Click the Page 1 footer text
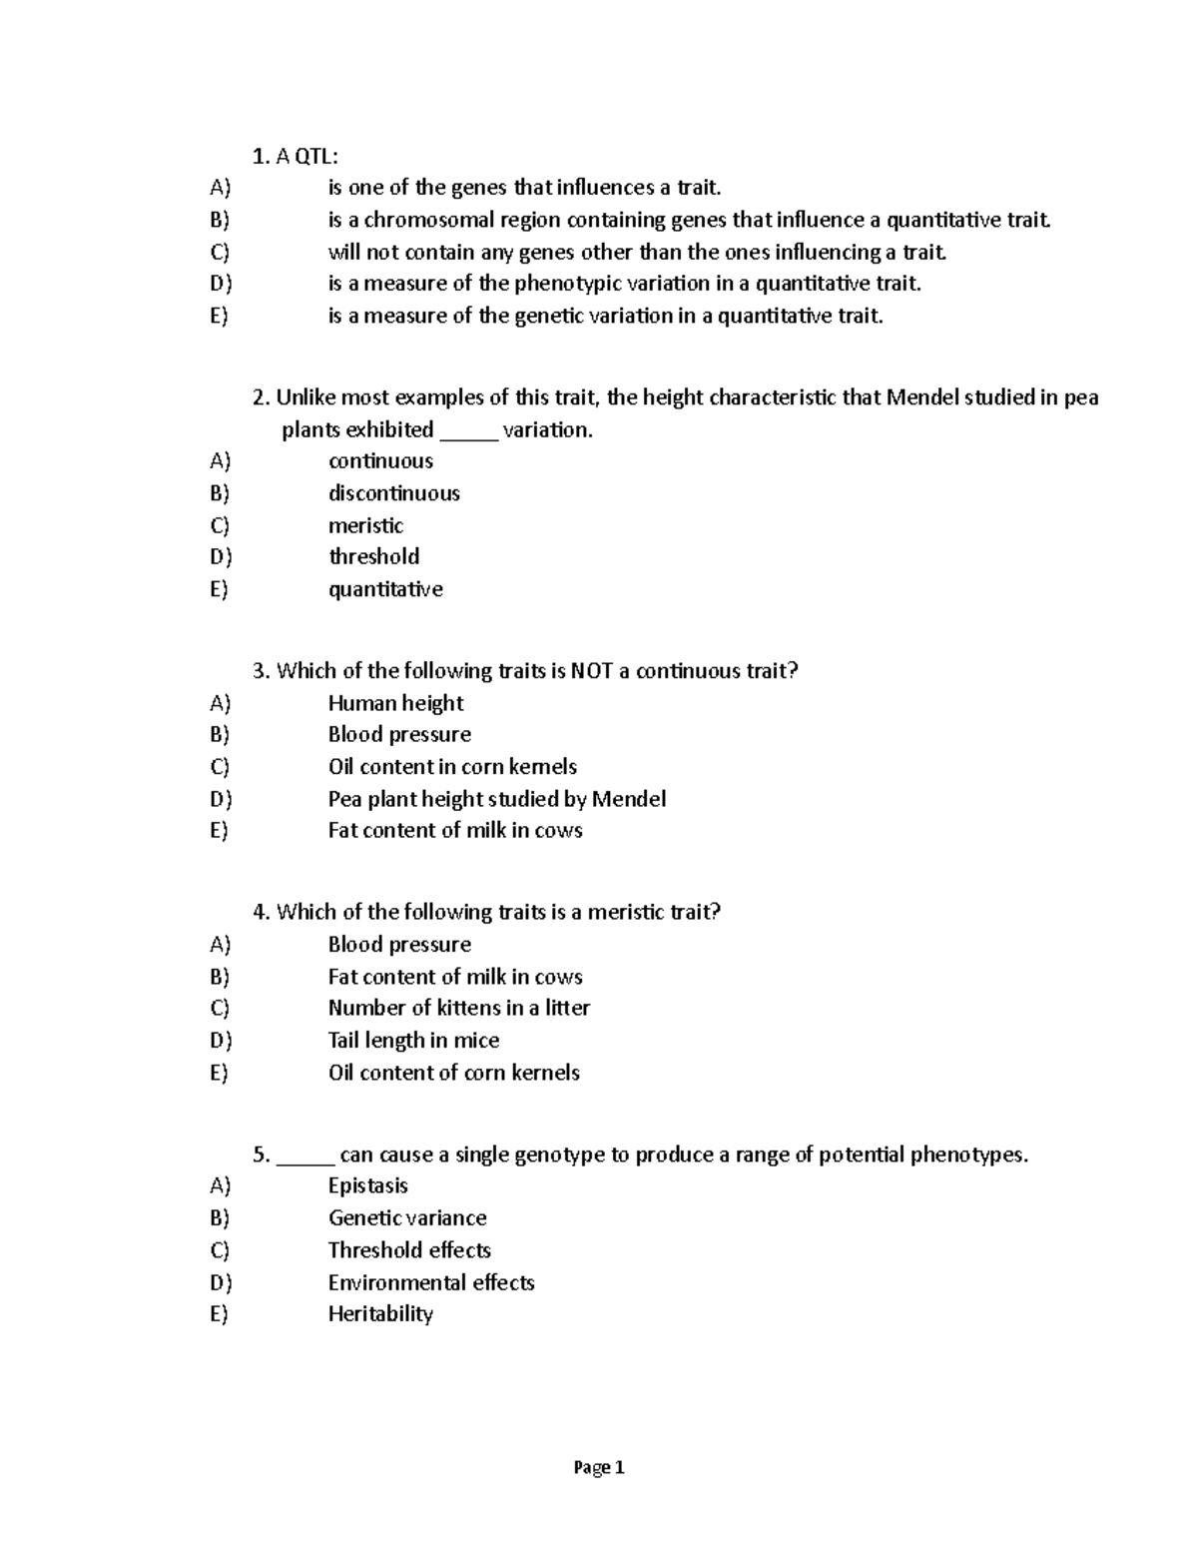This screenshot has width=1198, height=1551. click(x=599, y=1467)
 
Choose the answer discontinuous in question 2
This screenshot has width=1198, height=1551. click(x=394, y=493)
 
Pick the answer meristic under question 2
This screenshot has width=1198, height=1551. click(x=365, y=525)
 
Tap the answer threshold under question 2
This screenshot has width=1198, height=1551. click(x=373, y=557)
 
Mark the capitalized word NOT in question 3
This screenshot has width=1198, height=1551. click(x=591, y=671)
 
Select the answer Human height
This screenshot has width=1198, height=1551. click(x=395, y=703)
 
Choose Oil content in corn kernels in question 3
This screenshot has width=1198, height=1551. click(x=452, y=767)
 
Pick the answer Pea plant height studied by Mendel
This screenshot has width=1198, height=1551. click(x=496, y=799)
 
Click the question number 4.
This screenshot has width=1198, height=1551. click(x=262, y=913)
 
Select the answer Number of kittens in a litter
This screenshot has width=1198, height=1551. click(x=458, y=1008)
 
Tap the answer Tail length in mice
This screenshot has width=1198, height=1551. click(x=413, y=1041)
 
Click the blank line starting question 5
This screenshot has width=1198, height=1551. click(x=305, y=1157)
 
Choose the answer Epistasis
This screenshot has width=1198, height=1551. click(x=368, y=1186)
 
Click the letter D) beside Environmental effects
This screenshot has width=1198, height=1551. click(x=221, y=1282)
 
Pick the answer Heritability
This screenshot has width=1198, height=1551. click(x=380, y=1314)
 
